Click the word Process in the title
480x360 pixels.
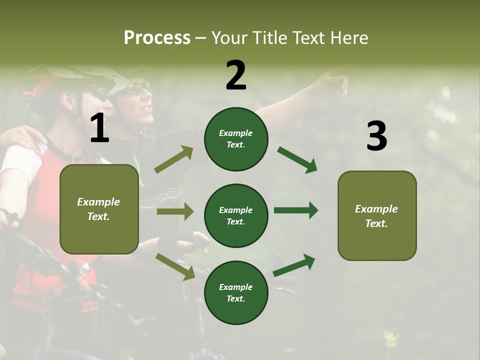[x=157, y=37]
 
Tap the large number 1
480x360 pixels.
[x=99, y=128]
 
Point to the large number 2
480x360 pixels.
[x=236, y=75]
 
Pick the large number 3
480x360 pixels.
[x=376, y=136]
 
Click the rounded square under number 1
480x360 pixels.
[x=99, y=209]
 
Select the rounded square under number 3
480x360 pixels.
[x=377, y=215]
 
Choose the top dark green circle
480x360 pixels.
[x=236, y=139]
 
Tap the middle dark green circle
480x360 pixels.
[x=236, y=215]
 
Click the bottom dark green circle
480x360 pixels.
[x=236, y=292]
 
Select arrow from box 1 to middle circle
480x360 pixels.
[x=175, y=211]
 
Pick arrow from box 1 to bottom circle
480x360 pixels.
[x=175, y=266]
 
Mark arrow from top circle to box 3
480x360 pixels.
[x=297, y=160]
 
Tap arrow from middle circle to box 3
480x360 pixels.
[x=295, y=210]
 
